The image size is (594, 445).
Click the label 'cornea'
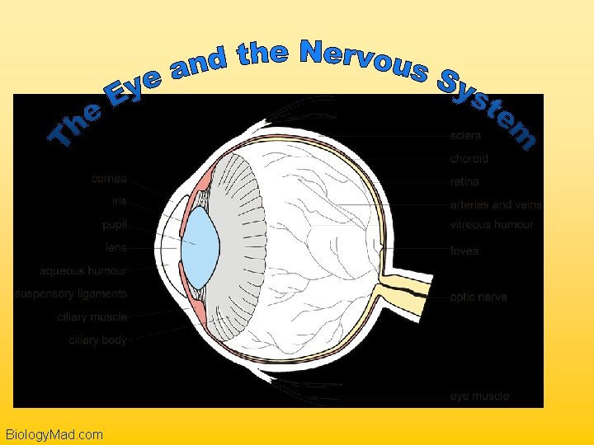coord(109,177)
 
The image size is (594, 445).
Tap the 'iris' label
coord(119,200)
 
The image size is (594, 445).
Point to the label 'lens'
coord(115,247)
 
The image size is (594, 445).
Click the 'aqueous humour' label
coord(83,270)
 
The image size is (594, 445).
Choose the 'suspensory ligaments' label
coord(71,293)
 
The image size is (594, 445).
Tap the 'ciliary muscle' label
coord(92,316)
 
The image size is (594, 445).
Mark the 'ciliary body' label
coord(97,340)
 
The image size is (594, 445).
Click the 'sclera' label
coord(466,135)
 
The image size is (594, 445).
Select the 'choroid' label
coord(469,158)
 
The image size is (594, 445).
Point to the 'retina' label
coord(464,181)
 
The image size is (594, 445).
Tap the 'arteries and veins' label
coord(496,204)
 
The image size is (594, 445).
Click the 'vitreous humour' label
coord(492,224)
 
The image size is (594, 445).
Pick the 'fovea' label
coord(464,251)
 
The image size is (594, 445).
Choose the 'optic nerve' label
coord(478,297)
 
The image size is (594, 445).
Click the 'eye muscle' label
coord(479,396)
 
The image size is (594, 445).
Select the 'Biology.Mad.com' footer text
coord(54,434)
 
